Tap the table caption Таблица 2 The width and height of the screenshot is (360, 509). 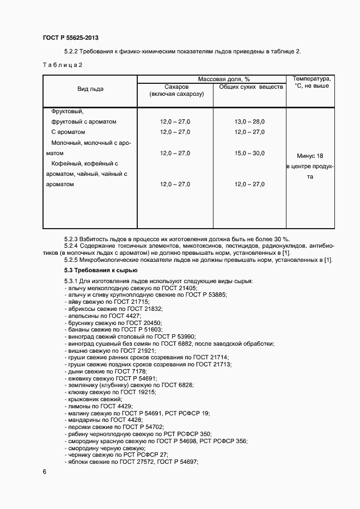click(x=62, y=65)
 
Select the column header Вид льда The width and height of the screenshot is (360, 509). click(x=90, y=89)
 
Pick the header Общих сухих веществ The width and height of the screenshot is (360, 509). click(x=251, y=87)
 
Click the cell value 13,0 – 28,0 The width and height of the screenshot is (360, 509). click(x=249, y=121)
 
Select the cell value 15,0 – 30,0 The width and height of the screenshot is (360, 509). click(x=249, y=153)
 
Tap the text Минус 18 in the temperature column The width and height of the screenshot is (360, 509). click(x=310, y=155)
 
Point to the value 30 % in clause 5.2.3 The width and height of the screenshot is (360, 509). click(x=282, y=239)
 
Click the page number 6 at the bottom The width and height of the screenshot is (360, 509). click(x=44, y=472)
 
